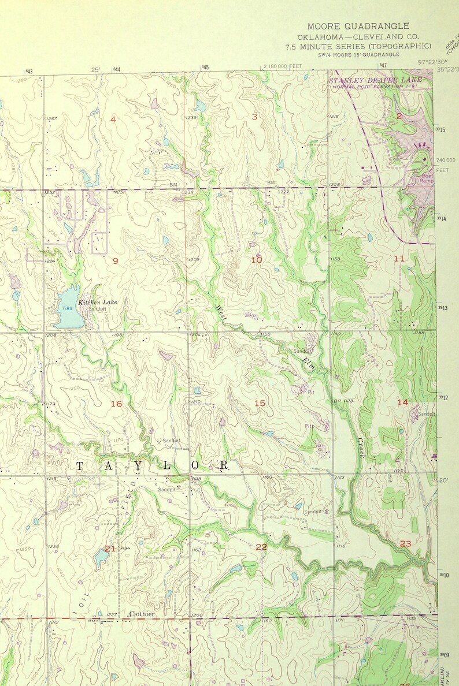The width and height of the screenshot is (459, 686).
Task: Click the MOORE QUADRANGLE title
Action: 358,26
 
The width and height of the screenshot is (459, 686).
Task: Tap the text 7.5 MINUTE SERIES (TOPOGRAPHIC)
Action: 358,46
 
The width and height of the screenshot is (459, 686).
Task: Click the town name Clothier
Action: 142,614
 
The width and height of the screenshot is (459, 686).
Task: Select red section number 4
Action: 113,119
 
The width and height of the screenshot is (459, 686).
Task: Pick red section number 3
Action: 254,117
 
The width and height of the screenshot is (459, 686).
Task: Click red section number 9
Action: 115,261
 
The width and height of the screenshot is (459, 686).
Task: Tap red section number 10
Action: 256,260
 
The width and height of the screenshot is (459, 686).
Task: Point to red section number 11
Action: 399,258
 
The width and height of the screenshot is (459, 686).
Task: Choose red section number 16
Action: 116,404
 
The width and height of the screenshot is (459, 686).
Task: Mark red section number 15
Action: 260,403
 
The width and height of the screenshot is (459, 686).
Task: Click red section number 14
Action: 402,401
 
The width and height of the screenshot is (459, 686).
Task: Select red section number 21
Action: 110,548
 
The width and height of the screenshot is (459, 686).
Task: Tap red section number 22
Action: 261,546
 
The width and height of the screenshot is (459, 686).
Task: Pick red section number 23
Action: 405,543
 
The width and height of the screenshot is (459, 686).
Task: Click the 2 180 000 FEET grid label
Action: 283,66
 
